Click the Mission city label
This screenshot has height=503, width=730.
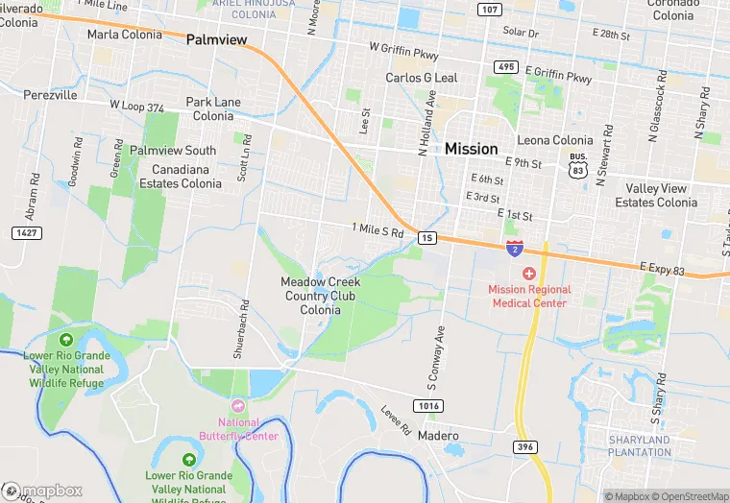point(471,149)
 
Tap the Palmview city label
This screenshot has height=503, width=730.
point(216,40)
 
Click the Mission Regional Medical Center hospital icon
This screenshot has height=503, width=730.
point(529,274)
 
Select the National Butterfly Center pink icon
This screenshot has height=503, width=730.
point(239,407)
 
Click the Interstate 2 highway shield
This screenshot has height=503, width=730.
point(515,249)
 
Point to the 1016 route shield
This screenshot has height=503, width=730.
point(429,406)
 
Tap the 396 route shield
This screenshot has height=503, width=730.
point(524,447)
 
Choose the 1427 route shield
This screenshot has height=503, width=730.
point(26,233)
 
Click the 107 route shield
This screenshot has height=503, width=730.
point(490,11)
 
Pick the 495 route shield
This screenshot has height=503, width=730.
point(506,66)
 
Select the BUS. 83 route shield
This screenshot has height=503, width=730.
point(577,164)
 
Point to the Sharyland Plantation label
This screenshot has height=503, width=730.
point(639,445)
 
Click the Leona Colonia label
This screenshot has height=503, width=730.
point(555,140)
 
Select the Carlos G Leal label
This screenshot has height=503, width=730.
point(422,78)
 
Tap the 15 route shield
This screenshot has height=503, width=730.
point(427,237)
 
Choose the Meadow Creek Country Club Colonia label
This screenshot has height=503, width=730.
point(320,296)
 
